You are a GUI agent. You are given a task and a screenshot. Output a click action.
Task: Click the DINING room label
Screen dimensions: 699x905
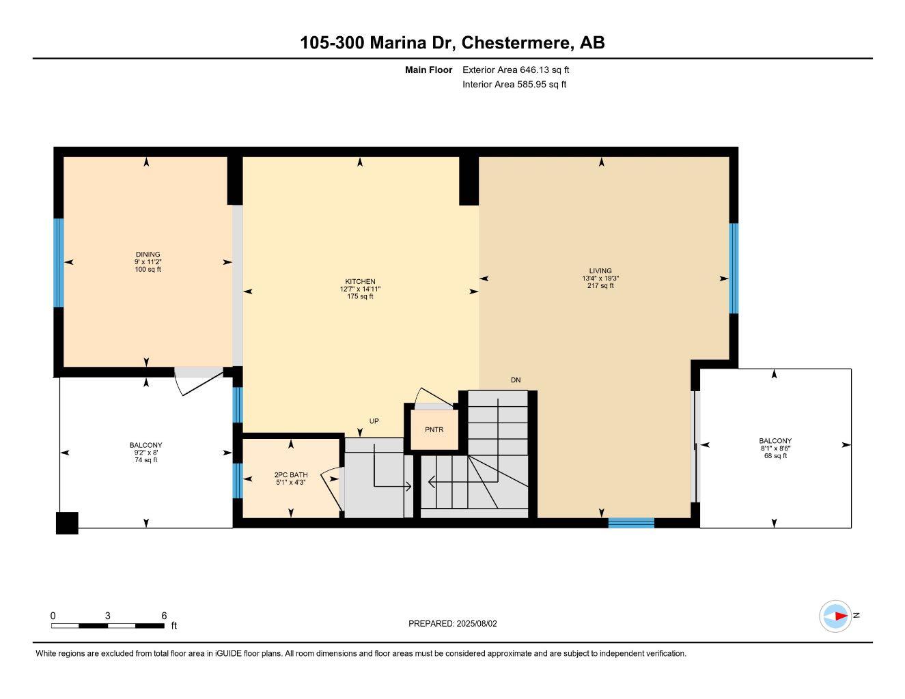tap(148, 255)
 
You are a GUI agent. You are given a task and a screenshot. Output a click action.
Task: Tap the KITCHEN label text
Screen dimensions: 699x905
tap(360, 281)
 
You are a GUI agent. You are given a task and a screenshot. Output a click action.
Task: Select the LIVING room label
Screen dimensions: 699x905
tap(600, 271)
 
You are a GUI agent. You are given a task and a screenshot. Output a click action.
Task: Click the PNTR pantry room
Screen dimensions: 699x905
tap(434, 429)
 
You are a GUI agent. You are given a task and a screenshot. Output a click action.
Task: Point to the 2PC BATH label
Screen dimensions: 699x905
tap(291, 474)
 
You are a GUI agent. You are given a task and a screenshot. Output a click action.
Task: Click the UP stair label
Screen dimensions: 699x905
tap(374, 421)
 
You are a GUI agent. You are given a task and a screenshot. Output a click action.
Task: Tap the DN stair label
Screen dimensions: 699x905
tap(516, 380)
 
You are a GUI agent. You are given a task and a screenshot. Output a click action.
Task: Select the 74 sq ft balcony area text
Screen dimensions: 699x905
tap(145, 460)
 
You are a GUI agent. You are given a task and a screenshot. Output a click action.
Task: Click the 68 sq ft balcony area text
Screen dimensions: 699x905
tap(775, 456)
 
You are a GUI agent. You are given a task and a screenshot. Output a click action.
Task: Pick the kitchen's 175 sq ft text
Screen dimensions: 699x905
tap(360, 297)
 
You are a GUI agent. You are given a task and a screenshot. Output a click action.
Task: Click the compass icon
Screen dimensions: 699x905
tap(835, 616)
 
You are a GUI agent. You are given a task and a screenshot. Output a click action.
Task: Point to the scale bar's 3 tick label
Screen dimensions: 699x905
tap(108, 616)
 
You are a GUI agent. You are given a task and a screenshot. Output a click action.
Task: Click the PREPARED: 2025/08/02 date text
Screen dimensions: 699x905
tap(453, 623)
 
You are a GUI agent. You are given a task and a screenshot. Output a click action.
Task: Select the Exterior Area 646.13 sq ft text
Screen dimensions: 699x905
tap(516, 70)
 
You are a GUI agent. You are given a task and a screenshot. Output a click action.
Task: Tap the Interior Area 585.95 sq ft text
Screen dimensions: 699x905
tap(514, 85)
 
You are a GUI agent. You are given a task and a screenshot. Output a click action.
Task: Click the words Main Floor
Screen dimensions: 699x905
tap(428, 70)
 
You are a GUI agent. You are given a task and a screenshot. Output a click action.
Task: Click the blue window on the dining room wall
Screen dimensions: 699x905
tap(59, 263)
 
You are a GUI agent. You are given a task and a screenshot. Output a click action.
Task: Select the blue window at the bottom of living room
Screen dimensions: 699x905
tap(631, 524)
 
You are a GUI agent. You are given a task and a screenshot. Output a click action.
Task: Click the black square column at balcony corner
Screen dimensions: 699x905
tap(67, 523)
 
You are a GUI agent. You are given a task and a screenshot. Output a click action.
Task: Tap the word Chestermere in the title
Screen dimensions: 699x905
tap(516, 43)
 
